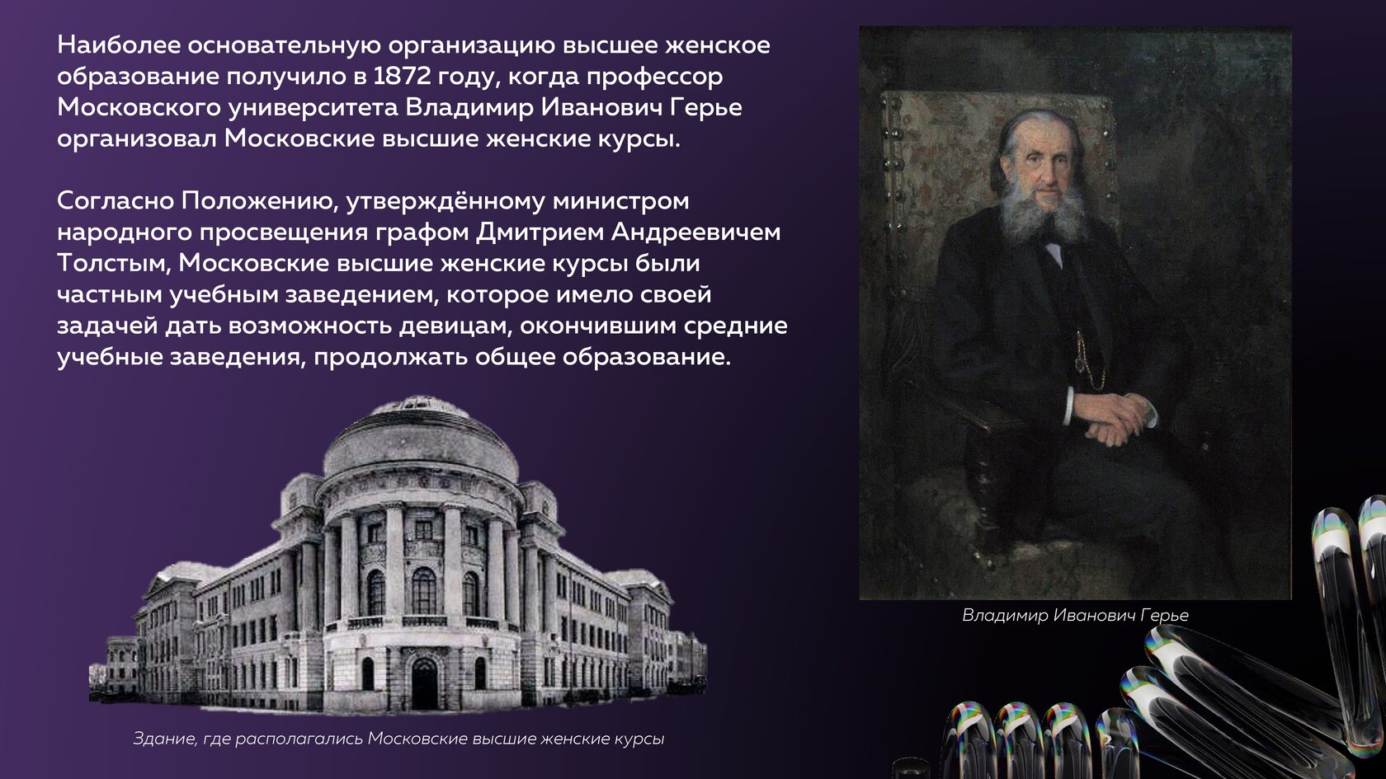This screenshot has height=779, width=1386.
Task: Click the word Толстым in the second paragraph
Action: coord(112,264)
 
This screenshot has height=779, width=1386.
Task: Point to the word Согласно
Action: coord(115,201)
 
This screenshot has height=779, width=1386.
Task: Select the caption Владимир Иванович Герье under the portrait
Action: coord(1076,615)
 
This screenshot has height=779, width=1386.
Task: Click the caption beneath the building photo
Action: coord(398,739)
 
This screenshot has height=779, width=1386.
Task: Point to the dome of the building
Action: coord(421,439)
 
